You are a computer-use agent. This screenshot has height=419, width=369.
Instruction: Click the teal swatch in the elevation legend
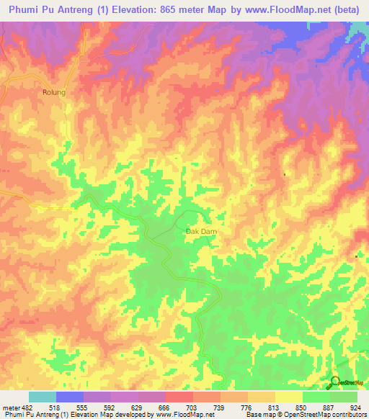coord(43,397)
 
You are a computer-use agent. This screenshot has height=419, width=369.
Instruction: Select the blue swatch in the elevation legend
coord(70,397)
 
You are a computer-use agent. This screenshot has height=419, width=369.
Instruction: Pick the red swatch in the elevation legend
coord(179,397)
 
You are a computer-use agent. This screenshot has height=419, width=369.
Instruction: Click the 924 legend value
coord(355,407)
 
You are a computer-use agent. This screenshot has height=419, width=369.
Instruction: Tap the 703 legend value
coord(192,407)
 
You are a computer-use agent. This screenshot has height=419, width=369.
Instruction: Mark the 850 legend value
coord(301,407)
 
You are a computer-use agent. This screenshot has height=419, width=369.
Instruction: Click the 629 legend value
coord(138,407)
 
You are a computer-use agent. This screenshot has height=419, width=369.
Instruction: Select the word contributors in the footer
coord(347,415)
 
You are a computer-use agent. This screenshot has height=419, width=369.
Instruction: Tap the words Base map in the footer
coord(258,415)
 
